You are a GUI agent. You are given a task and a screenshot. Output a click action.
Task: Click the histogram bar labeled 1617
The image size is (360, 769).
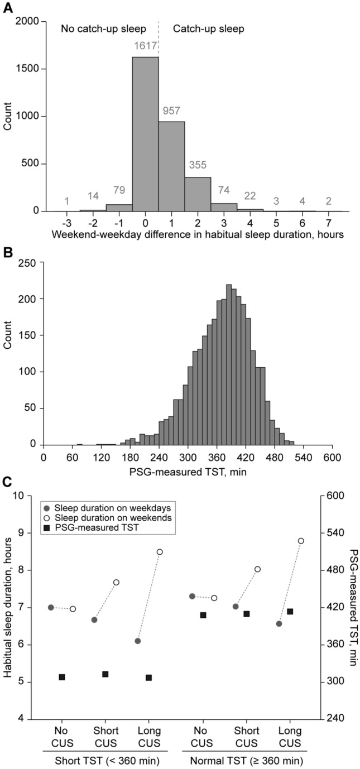tap(145, 134)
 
